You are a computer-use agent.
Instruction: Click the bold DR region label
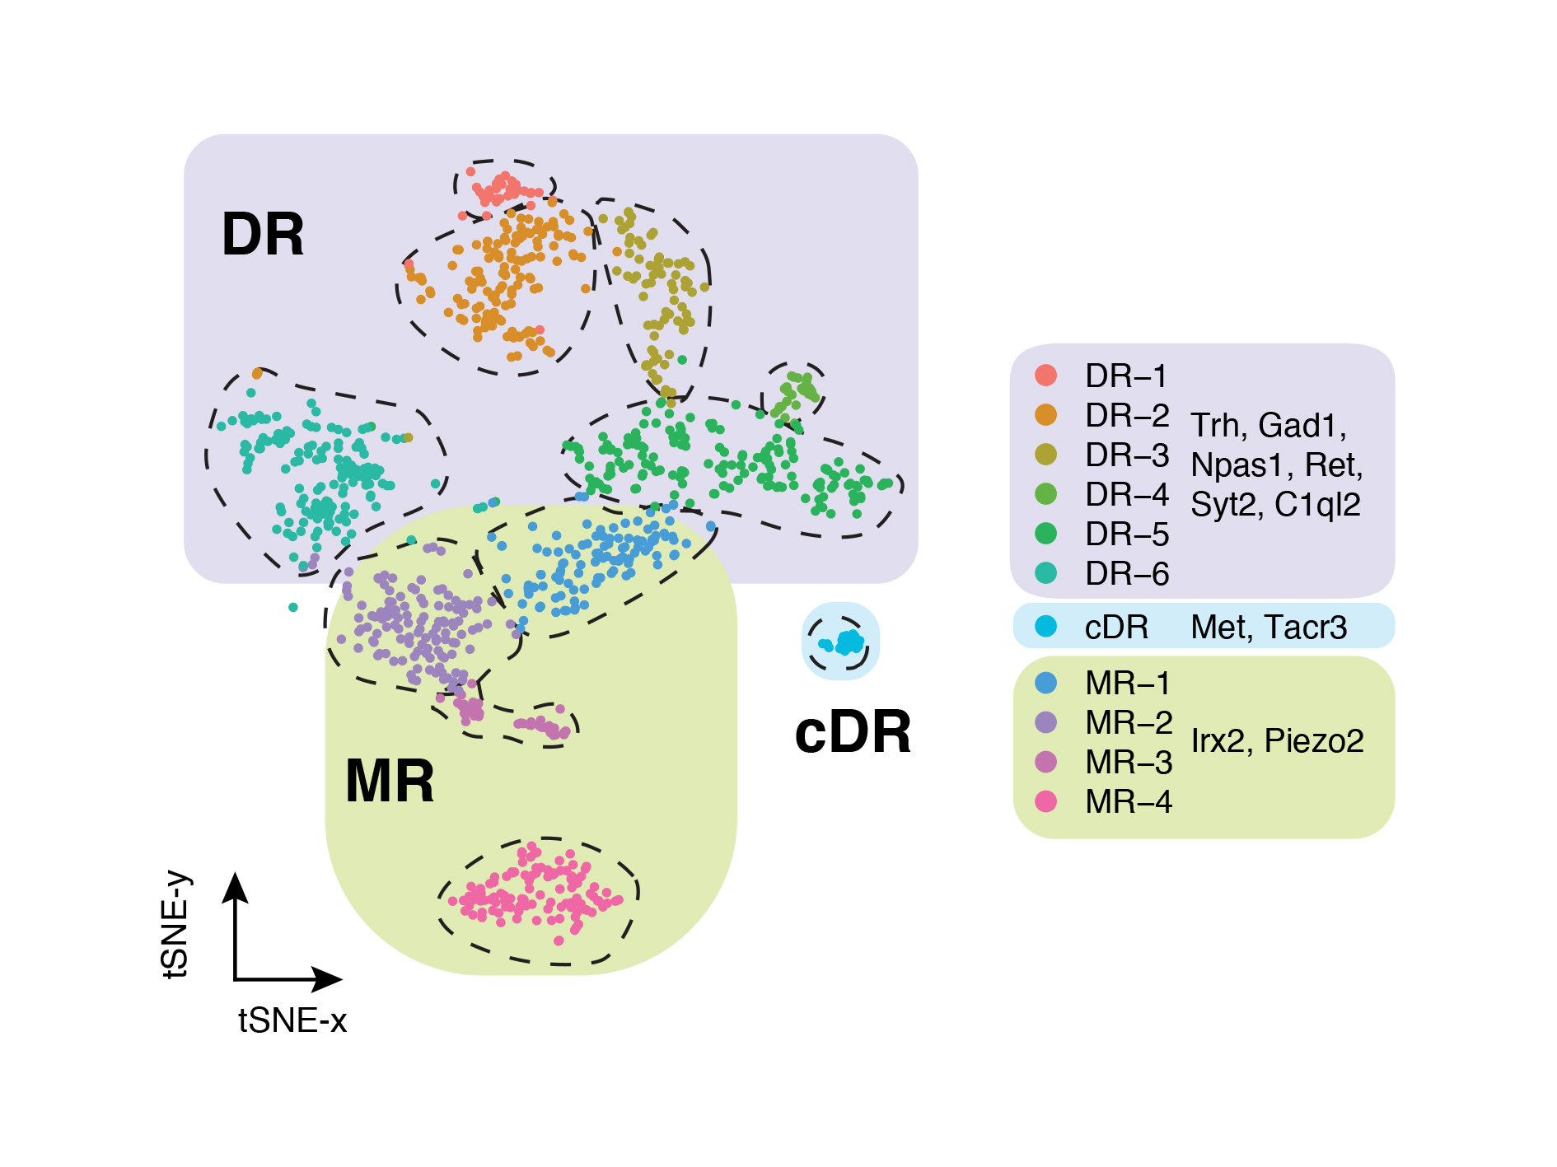tap(263, 235)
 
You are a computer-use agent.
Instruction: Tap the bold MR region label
tap(390, 782)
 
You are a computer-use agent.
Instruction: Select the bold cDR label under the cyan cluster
tap(853, 732)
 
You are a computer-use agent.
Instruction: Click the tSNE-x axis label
tap(292, 1021)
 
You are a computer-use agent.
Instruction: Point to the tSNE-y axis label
tap(175, 925)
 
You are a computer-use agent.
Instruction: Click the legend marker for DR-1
tap(1045, 376)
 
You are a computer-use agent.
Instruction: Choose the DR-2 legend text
tap(1126, 416)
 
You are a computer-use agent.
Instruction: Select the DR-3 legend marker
tap(1045, 455)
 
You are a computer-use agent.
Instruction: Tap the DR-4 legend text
tap(1126, 495)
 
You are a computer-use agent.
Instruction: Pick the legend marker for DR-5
tap(1045, 534)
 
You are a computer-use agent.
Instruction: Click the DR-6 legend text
tap(1126, 574)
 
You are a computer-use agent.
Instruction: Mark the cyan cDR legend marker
tap(1045, 626)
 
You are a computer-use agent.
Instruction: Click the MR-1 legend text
tap(1127, 684)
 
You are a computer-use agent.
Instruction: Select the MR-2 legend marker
tap(1045, 722)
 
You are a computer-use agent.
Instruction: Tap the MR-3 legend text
tap(1128, 763)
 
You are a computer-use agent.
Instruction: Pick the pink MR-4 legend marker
tap(1045, 801)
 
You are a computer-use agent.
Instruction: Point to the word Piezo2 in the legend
tap(1313, 741)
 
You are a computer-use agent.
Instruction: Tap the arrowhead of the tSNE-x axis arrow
tap(329, 979)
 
